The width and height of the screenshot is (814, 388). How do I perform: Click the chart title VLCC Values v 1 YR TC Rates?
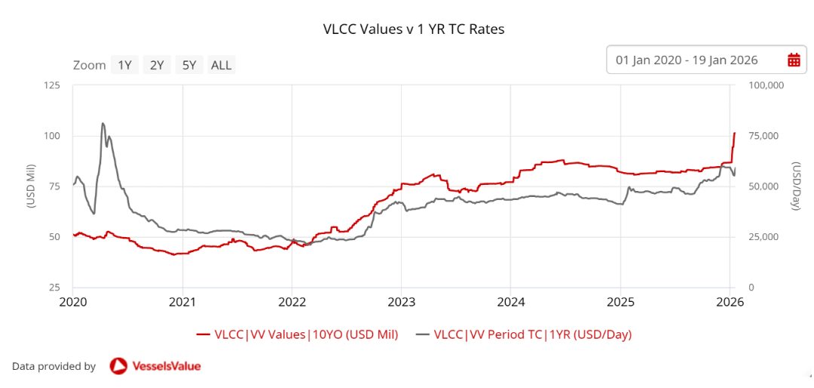point(413,29)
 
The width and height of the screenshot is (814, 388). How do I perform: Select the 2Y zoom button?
point(157,65)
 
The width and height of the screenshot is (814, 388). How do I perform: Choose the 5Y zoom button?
point(188,65)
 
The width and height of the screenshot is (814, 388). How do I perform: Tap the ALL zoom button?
point(222,65)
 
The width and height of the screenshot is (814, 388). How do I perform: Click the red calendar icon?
point(794,60)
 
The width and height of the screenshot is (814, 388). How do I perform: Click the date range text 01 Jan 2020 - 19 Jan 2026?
point(687,60)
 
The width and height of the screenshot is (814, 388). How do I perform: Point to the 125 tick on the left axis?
point(51,85)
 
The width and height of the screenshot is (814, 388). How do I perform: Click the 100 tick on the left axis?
point(51,136)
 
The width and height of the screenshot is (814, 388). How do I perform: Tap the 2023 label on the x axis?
point(401,302)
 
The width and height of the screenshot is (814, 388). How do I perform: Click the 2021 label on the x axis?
point(182,302)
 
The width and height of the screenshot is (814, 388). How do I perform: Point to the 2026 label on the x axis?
point(730,302)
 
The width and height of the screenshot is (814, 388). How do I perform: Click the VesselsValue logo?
point(155,366)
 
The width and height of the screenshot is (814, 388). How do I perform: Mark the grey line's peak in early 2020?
point(103,123)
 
